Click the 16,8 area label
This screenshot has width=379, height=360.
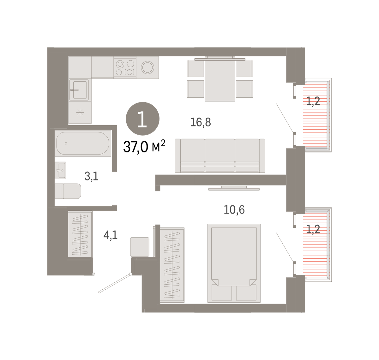pos(201,122)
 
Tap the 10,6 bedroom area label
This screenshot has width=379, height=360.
pos(234,210)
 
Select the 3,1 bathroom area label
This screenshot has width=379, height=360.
pos(91,176)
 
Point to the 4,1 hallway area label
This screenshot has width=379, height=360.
pos(111,235)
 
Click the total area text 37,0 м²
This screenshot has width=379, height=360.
pos(144,147)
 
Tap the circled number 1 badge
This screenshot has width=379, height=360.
pos(142,119)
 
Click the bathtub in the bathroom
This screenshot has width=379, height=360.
pos(83,143)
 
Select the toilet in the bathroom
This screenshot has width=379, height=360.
pos(68,191)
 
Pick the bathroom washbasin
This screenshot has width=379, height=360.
pos(60,170)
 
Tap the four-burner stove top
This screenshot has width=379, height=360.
pos(125,68)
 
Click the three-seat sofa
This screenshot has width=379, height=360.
pos(220,156)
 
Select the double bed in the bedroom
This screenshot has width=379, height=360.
pos(234,263)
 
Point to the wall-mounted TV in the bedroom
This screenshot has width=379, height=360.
pos(234,188)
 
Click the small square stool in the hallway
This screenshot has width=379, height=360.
pos(140,247)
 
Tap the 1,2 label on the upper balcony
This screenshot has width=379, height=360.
pos(313,101)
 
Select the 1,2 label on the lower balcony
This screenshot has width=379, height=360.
pos(313,229)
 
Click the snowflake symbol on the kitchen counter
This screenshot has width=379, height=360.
pos(80,113)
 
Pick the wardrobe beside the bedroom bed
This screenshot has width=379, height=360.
pos(172,265)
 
